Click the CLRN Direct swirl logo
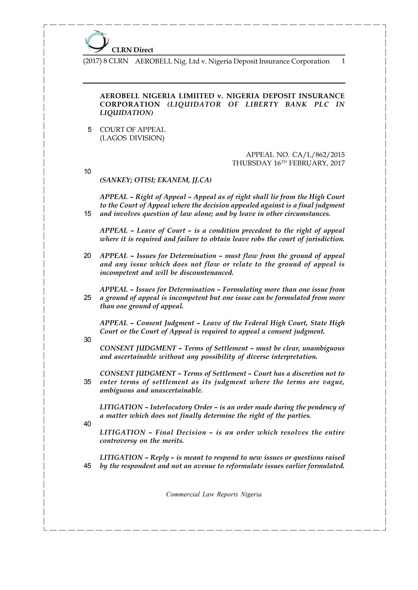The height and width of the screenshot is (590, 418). pos(97,41)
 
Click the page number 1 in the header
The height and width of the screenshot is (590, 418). pos(343,61)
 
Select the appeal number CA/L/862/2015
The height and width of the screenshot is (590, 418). pos(318,155)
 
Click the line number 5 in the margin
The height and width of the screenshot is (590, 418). pos(90,130)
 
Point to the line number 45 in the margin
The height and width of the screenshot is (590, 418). pos(87,466)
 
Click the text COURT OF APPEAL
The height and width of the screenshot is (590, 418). pos(132,130)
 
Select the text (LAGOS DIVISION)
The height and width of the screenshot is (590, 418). pos(132,138)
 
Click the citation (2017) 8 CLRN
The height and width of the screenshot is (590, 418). pos(105,61)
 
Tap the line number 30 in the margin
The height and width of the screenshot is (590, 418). pos(87,340)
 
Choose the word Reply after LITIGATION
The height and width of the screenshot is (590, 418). pos(159,457)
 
